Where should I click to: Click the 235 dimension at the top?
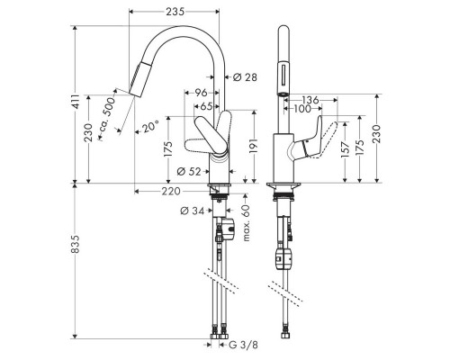click(x=176, y=11)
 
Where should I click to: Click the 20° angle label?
click(x=148, y=128)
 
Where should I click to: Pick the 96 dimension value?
click(x=202, y=92)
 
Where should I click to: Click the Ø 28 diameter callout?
click(x=246, y=78)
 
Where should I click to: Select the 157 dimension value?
click(x=345, y=148)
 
